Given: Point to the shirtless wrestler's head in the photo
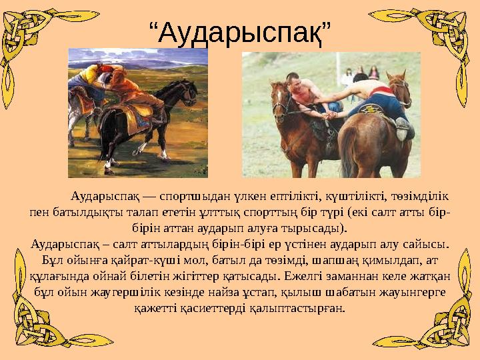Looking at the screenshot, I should click(294, 82).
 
